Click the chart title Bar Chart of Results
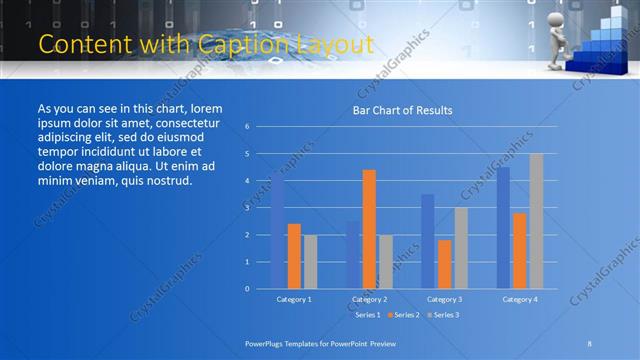click(403, 110)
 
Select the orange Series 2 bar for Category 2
click(369, 229)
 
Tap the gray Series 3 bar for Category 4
click(536, 221)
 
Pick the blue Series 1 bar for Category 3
click(427, 241)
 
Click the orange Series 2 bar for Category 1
click(294, 256)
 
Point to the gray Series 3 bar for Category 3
click(461, 248)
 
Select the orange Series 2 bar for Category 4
click(519, 251)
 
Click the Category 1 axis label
click(294, 299)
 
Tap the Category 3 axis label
click(444, 299)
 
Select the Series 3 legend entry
click(446, 315)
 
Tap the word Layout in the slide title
click(339, 44)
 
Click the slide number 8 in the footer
click(589, 343)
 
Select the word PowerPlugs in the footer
click(268, 343)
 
